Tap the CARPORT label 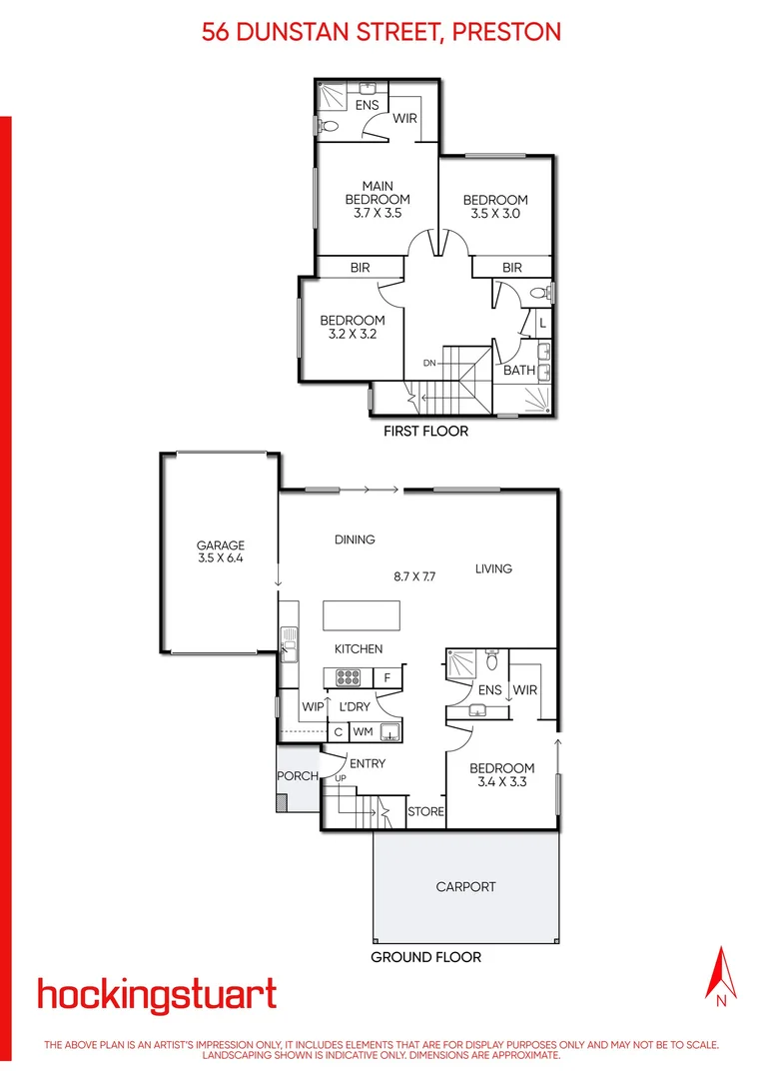tap(465, 886)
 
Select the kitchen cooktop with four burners tap(349, 678)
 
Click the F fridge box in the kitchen tap(387, 678)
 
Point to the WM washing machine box tap(363, 732)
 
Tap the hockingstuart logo tap(157, 995)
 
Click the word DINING tap(355, 539)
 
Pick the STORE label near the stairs tap(425, 812)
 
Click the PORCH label tap(297, 776)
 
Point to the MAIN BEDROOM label tap(378, 193)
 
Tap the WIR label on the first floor tap(404, 118)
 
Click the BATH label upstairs tap(519, 371)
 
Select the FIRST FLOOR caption tap(426, 432)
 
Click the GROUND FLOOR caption tap(426, 957)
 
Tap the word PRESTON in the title tap(506, 32)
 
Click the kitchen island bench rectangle tap(361, 613)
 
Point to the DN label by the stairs tap(429, 363)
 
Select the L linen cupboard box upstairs tap(541, 324)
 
